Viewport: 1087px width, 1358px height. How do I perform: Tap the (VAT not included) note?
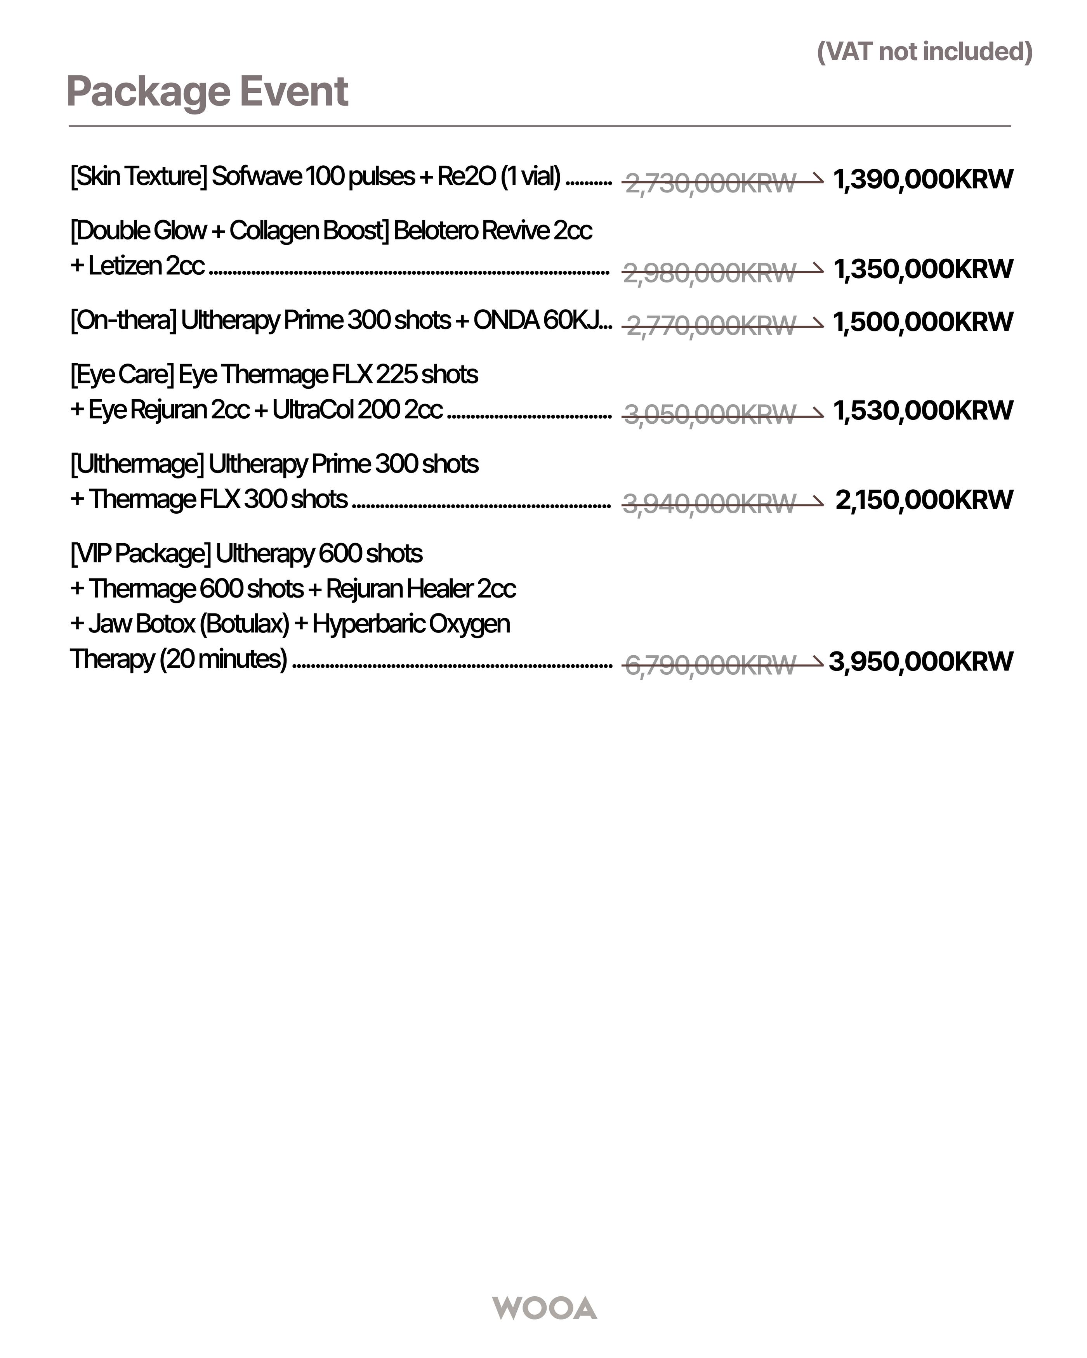pyautogui.click(x=924, y=52)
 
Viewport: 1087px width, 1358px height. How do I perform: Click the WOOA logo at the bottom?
pyautogui.click(x=544, y=1308)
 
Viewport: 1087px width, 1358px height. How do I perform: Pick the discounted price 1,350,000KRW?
pyautogui.click(x=922, y=269)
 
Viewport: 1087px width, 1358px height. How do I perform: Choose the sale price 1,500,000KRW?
pyautogui.click(x=922, y=322)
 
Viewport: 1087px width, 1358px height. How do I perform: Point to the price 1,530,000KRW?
pyautogui.click(x=922, y=411)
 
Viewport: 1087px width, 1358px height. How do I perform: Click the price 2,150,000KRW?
pyautogui.click(x=924, y=500)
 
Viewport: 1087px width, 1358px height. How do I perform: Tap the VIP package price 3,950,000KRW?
pyautogui.click(x=920, y=662)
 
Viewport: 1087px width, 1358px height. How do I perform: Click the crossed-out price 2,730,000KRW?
pyautogui.click(x=710, y=183)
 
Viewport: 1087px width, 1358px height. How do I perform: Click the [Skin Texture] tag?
pyautogui.click(x=139, y=177)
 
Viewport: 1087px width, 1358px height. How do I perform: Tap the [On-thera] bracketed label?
pyautogui.click(x=123, y=320)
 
